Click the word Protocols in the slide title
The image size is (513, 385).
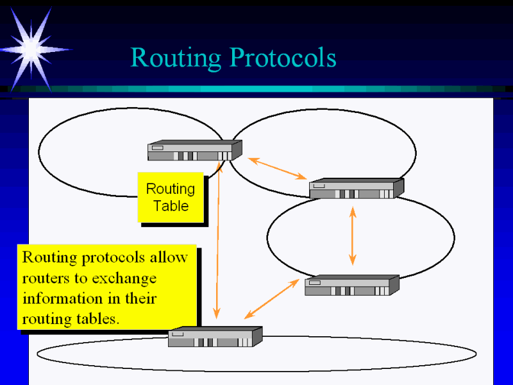tap(283, 58)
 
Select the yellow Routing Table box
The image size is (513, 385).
tap(171, 197)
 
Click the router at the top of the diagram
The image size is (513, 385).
tap(194, 151)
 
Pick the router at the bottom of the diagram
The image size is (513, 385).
tap(215, 337)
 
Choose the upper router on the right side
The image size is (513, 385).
tap(356, 189)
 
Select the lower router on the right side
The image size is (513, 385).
tap(351, 286)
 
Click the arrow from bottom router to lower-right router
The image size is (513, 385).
tap(272, 298)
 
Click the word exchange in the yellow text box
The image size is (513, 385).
tap(124, 278)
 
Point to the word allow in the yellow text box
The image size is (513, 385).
tap(169, 258)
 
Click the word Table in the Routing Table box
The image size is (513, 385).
tap(171, 206)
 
